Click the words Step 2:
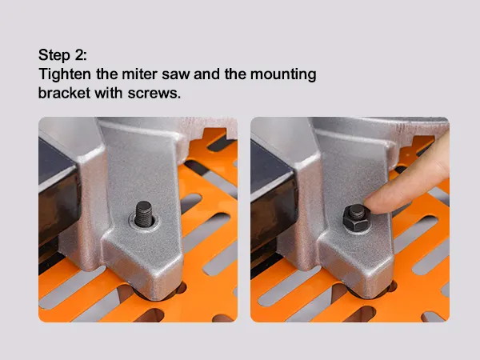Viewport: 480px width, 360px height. point(62,55)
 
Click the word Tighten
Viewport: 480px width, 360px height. point(65,74)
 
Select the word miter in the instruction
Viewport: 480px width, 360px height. point(139,74)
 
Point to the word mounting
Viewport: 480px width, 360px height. point(283,75)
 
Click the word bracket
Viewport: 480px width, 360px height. point(64,93)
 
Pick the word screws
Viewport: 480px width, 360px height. point(154,94)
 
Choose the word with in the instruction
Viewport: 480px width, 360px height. point(108,93)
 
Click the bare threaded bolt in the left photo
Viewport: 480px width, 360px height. point(143,214)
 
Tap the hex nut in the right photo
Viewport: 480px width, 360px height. point(356,218)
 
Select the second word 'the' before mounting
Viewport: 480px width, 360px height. point(235,74)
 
